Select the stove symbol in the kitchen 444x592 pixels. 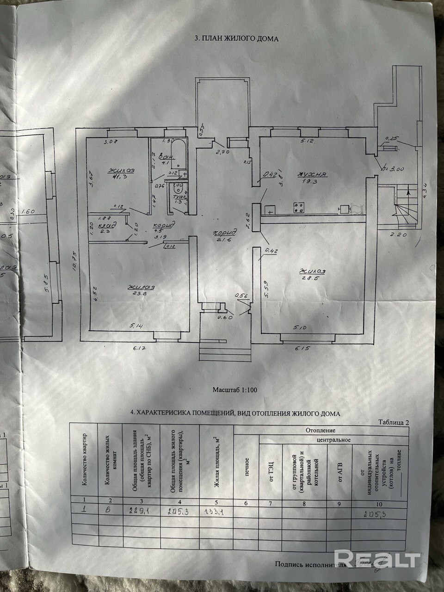299,208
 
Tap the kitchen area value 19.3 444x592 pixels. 313,182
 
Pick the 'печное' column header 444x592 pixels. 247,468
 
